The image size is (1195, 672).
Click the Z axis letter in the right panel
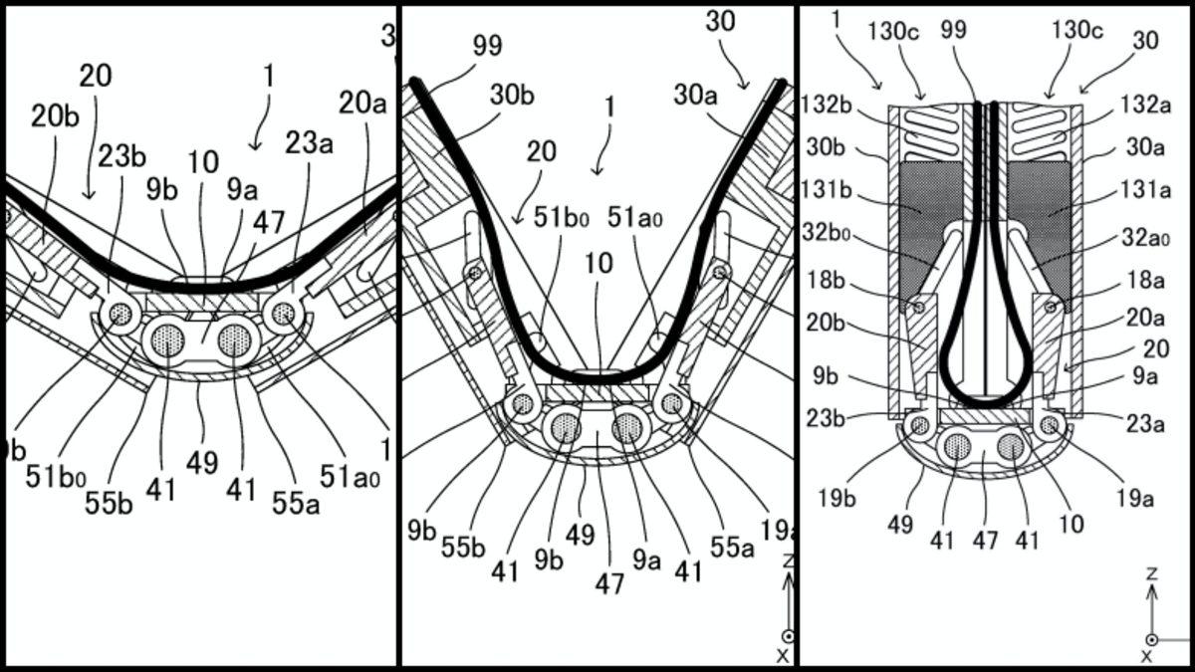click(1151, 574)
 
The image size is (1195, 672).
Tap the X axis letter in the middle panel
click(783, 655)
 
